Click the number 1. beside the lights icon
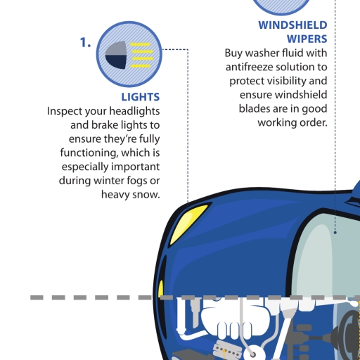85,43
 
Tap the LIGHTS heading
141,97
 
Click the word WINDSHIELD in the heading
292,25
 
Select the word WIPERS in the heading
307,39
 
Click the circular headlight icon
129,54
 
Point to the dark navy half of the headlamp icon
116,62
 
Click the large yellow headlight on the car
187,224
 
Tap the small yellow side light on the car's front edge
160,290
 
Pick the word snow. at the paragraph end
146,195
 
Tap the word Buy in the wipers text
233,53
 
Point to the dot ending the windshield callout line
335,232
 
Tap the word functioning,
89,153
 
